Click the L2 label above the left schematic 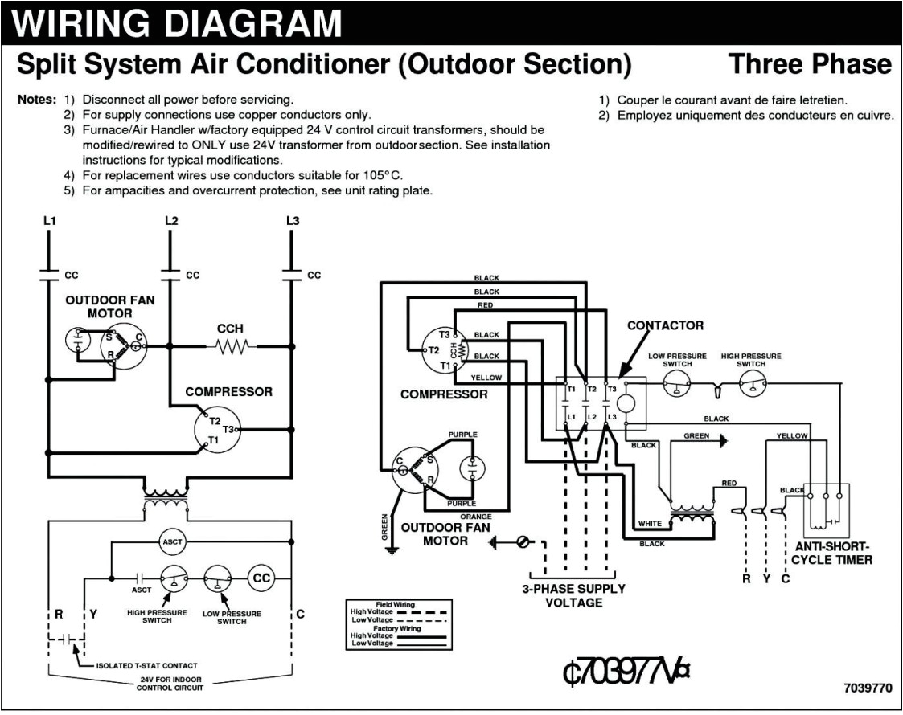pos(170,220)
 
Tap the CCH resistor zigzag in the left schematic pos(231,346)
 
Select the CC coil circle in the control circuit pos(262,578)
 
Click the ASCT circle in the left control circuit pos(173,541)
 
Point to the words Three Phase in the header pos(810,64)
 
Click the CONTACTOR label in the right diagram pos(665,325)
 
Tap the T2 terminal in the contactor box pos(592,389)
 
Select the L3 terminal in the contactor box pos(612,416)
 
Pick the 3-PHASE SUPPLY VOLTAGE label pos(573,595)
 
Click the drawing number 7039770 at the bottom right pos(868,688)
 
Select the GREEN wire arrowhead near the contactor pos(723,439)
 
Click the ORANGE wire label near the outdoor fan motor pos(475,516)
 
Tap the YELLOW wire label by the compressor pos(486,377)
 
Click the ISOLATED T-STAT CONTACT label pos(146,666)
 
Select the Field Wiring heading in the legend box pos(395,603)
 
